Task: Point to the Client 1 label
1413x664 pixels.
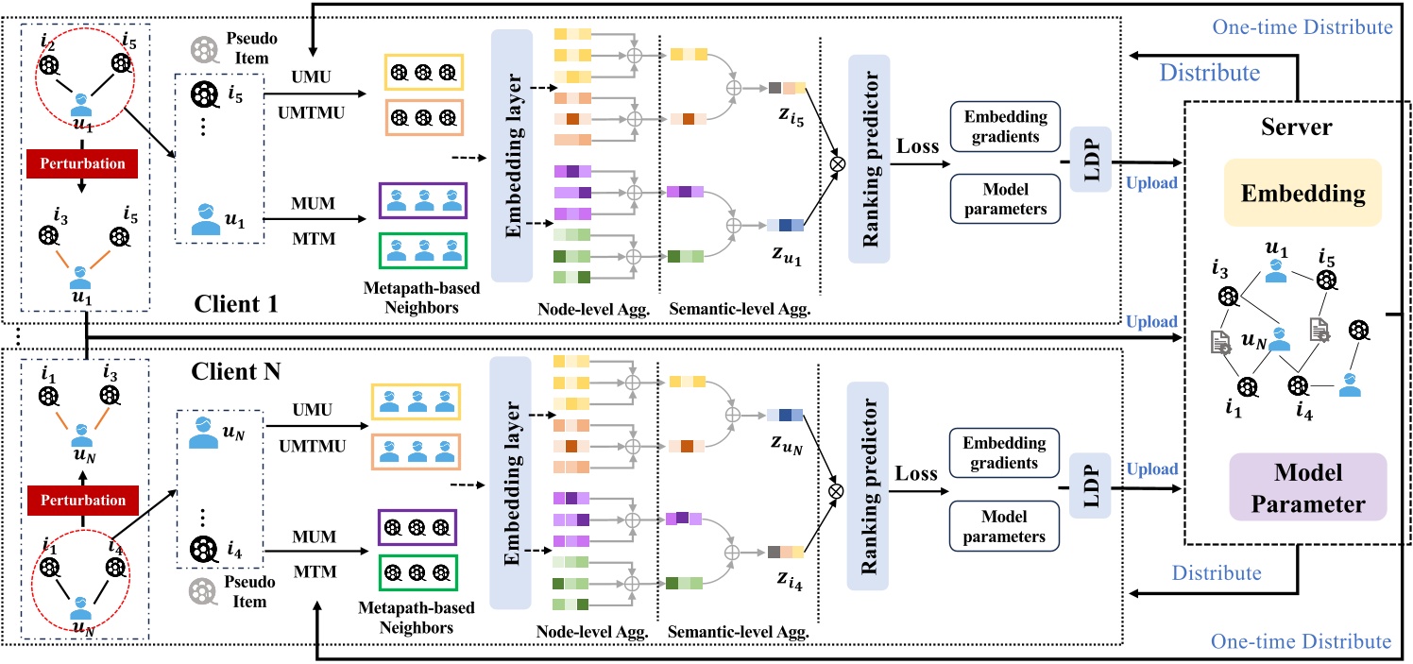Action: [239, 304]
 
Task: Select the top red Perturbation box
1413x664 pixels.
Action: [81, 162]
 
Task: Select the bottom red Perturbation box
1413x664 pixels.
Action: [81, 500]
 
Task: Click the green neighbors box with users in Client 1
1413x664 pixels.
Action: [423, 252]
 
